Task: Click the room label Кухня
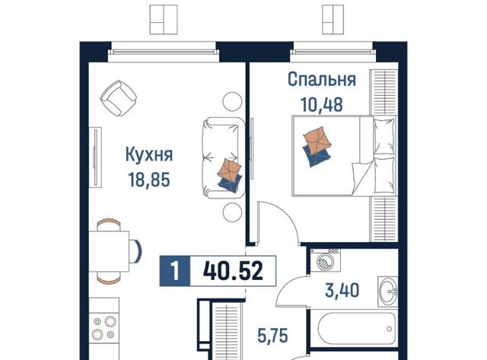tap(149, 155)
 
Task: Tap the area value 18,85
tap(149, 180)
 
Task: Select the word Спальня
tap(322, 79)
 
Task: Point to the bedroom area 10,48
tap(322, 104)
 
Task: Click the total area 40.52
tap(233, 270)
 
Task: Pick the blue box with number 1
tap(175, 270)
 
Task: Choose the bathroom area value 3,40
tap(342, 291)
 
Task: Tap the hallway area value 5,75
tap(273, 336)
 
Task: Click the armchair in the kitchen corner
tap(119, 98)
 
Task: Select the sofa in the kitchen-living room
tap(224, 158)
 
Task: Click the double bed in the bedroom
tap(344, 155)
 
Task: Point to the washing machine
tap(325, 260)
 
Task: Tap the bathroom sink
tap(387, 291)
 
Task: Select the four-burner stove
tap(104, 327)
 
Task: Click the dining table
tap(109, 251)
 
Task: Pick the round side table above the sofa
tap(232, 101)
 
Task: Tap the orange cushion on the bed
tap(317, 139)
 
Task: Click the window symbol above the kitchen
tap(164, 19)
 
